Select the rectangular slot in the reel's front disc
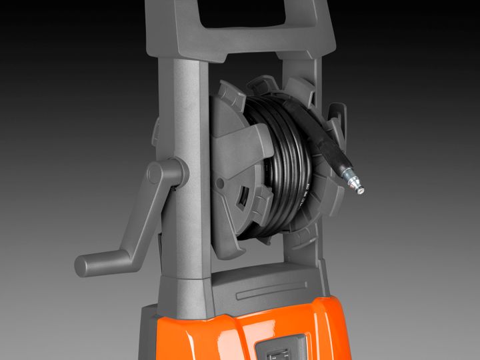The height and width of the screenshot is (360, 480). point(241,201)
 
